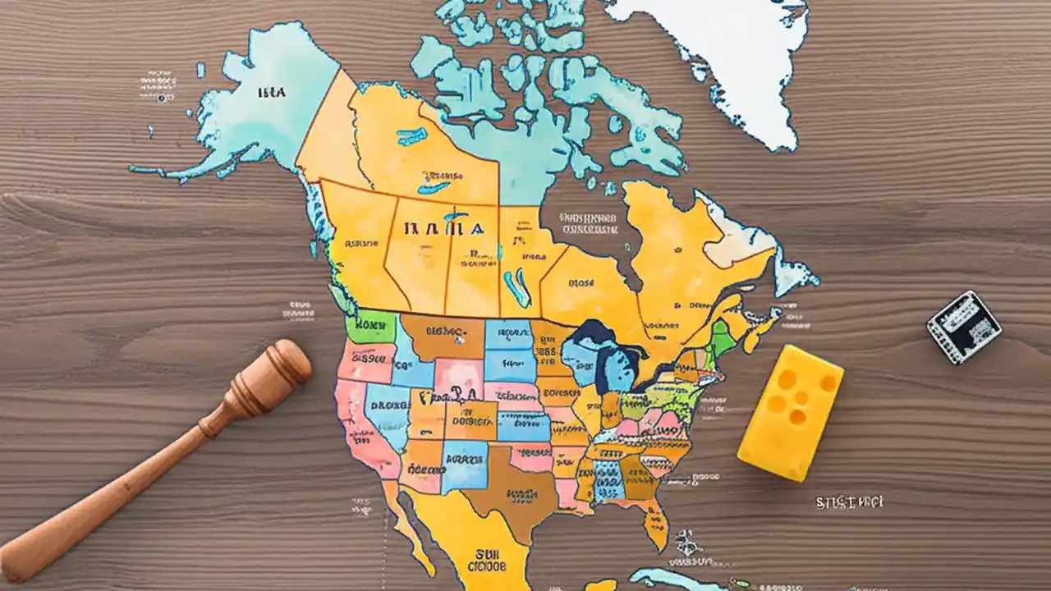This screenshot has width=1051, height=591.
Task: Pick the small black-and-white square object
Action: point(964,327)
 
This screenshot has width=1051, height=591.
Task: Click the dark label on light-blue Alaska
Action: point(271,93)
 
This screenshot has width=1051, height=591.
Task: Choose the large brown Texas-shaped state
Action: point(509,488)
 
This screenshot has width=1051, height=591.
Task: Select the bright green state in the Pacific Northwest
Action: point(371,327)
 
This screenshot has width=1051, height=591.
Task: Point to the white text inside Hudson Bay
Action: point(587,223)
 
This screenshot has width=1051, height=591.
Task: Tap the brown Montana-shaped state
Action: point(443,335)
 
